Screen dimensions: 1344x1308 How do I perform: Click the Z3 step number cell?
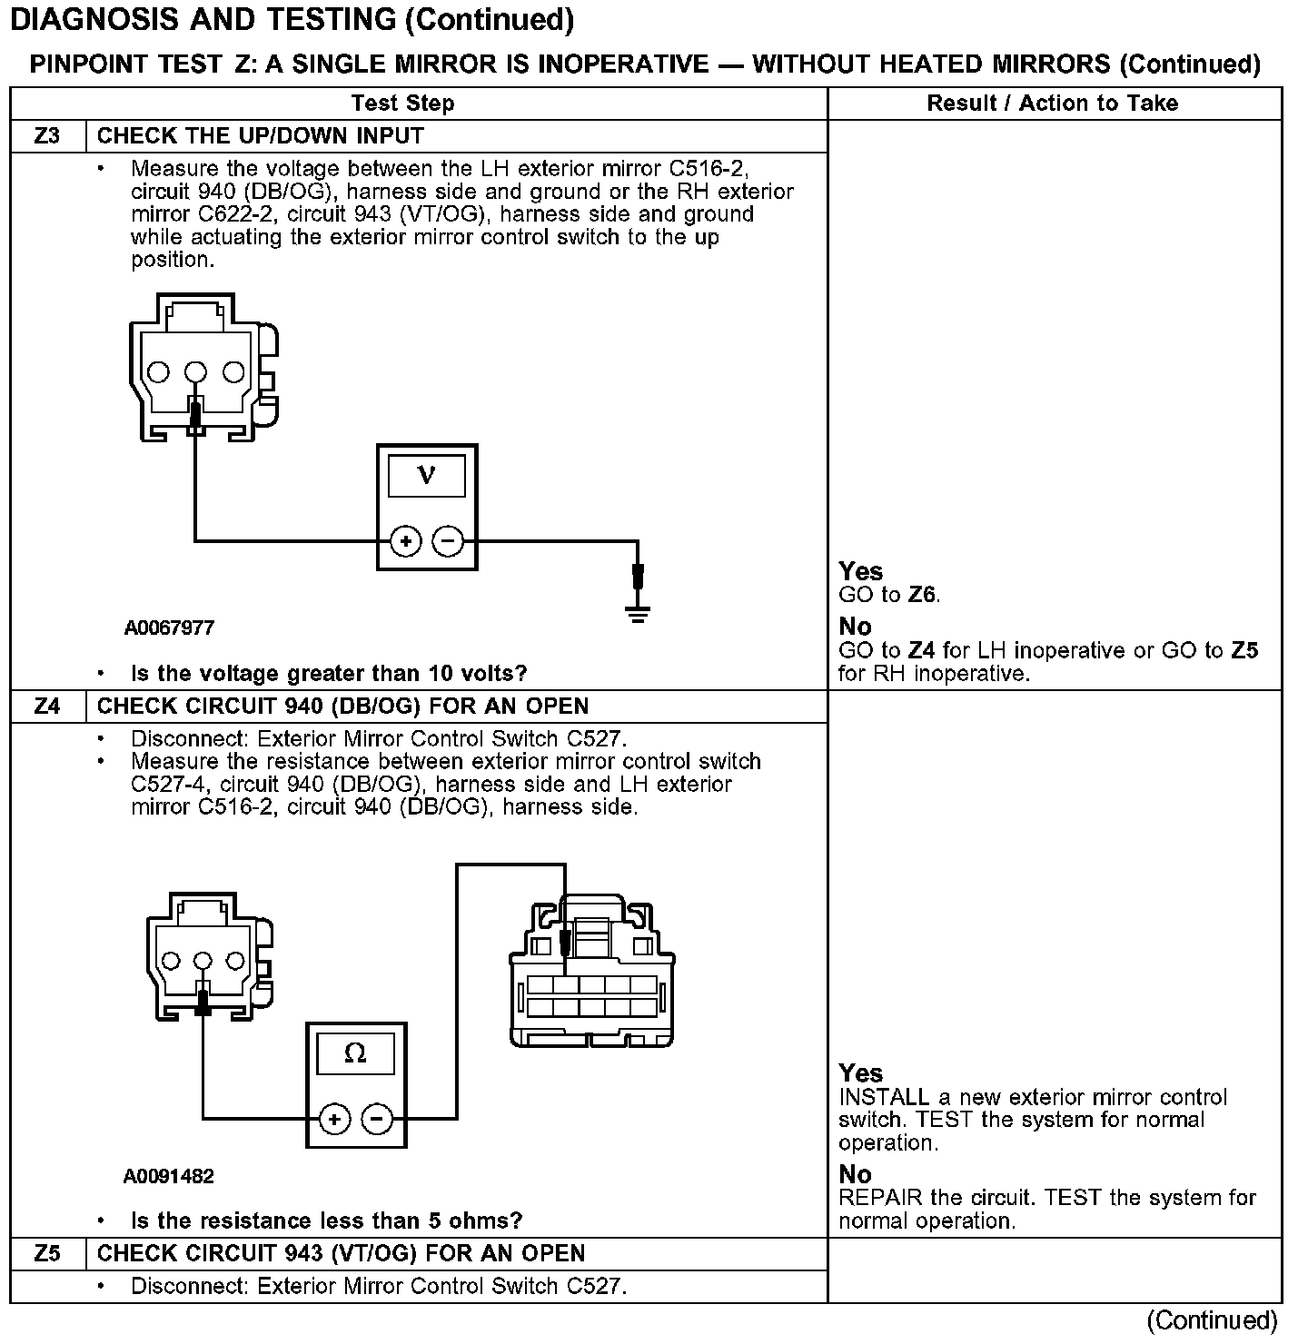[47, 136]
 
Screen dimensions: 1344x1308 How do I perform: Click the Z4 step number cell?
[47, 707]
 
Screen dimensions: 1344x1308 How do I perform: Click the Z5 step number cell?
[47, 1254]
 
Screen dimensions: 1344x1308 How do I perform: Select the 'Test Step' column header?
[402, 104]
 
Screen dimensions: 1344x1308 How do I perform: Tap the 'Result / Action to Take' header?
[1052, 104]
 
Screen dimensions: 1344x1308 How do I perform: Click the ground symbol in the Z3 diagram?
[639, 616]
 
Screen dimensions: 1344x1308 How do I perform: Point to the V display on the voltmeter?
[426, 476]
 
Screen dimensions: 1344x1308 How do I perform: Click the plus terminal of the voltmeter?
[405, 542]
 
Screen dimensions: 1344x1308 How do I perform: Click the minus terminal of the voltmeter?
[447, 542]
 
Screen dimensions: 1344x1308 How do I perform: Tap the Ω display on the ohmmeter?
[355, 1053]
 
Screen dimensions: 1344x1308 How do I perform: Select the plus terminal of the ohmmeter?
[334, 1119]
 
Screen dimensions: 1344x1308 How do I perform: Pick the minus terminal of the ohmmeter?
[377, 1119]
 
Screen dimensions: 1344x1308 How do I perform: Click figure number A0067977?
[170, 628]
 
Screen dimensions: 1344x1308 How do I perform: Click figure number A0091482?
[169, 1177]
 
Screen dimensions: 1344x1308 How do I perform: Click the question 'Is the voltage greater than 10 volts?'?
[329, 674]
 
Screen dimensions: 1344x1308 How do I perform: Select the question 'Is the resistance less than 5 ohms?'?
[327, 1220]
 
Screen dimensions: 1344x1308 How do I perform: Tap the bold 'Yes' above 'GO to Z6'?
[860, 571]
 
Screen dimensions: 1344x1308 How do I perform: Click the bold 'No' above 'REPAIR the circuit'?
[855, 1174]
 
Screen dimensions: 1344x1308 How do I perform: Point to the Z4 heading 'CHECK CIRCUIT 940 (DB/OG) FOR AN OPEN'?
[342, 707]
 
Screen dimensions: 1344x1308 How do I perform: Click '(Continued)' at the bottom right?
[1213, 1319]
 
